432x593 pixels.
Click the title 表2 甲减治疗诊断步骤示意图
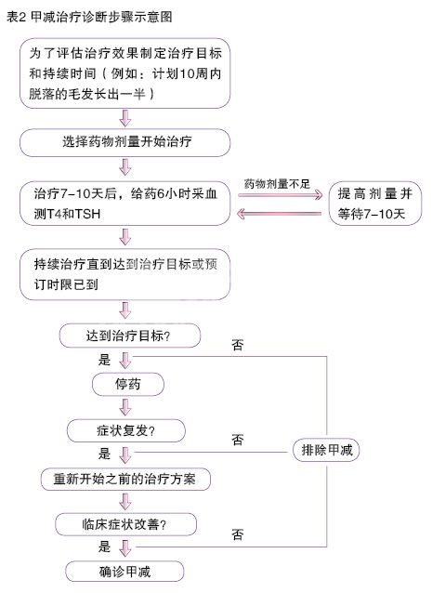(x=89, y=17)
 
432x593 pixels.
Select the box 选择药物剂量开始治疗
(x=124, y=142)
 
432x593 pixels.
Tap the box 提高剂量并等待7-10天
(x=375, y=204)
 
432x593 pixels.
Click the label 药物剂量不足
(x=277, y=184)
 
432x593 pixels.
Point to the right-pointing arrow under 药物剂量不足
(x=280, y=195)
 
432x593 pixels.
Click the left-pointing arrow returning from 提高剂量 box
(x=280, y=214)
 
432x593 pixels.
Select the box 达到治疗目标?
(x=130, y=336)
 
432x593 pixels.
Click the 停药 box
(x=128, y=384)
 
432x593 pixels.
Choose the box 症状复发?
(x=125, y=430)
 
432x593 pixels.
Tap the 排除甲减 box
(x=326, y=450)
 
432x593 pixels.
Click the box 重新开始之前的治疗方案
(x=125, y=480)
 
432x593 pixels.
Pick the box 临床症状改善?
(x=125, y=524)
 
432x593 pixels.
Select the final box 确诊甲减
(x=124, y=572)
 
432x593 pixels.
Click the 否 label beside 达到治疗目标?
(x=237, y=345)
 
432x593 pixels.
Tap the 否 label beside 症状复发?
(x=237, y=440)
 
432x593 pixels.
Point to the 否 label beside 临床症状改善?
(x=237, y=534)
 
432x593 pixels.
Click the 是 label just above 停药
(x=104, y=360)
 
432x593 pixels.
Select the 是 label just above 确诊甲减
(x=104, y=547)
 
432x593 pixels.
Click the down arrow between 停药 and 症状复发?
(x=125, y=407)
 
